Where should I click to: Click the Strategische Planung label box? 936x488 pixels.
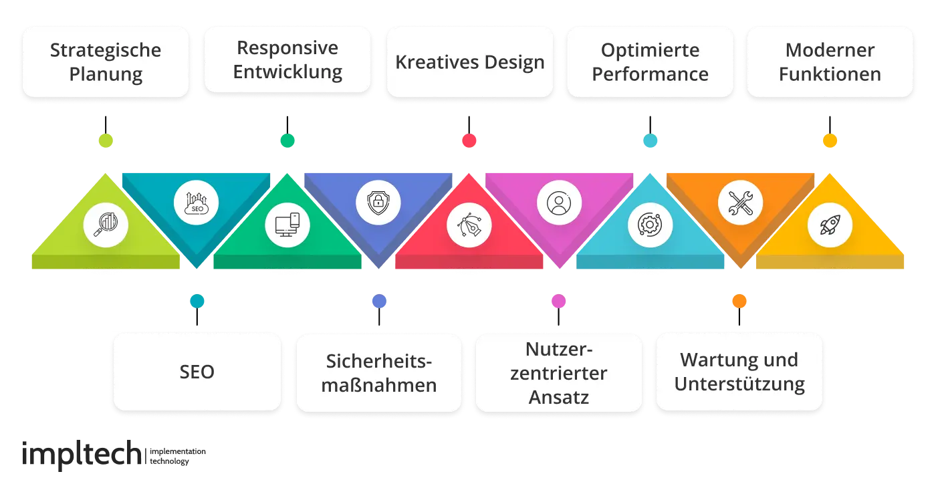[x=106, y=62]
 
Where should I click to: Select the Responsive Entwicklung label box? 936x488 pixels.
[x=287, y=59]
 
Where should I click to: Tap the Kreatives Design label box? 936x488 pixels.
[x=469, y=62]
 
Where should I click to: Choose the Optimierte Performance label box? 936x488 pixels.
[x=650, y=62]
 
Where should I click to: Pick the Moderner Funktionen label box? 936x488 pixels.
[x=830, y=62]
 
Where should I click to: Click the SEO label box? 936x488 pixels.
[x=197, y=372]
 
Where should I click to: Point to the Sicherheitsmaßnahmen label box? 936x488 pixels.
[x=378, y=372]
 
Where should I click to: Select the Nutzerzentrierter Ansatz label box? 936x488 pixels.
[x=558, y=372]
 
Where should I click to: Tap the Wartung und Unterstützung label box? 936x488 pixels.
[x=739, y=372]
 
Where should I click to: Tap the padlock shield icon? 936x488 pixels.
[x=378, y=201]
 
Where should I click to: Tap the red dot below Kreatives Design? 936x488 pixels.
[x=469, y=140]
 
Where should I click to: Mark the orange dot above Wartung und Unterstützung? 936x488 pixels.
[x=739, y=301]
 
